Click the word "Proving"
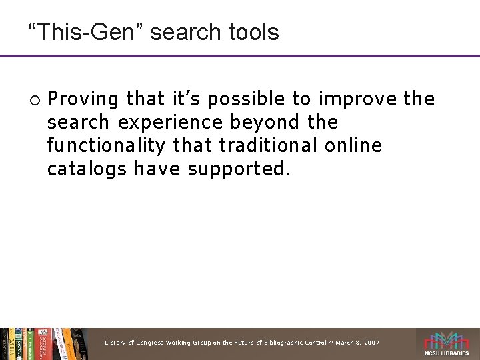pos(84,99)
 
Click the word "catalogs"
pos(87,169)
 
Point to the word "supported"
pos(239,169)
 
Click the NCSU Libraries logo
pos(447,344)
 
